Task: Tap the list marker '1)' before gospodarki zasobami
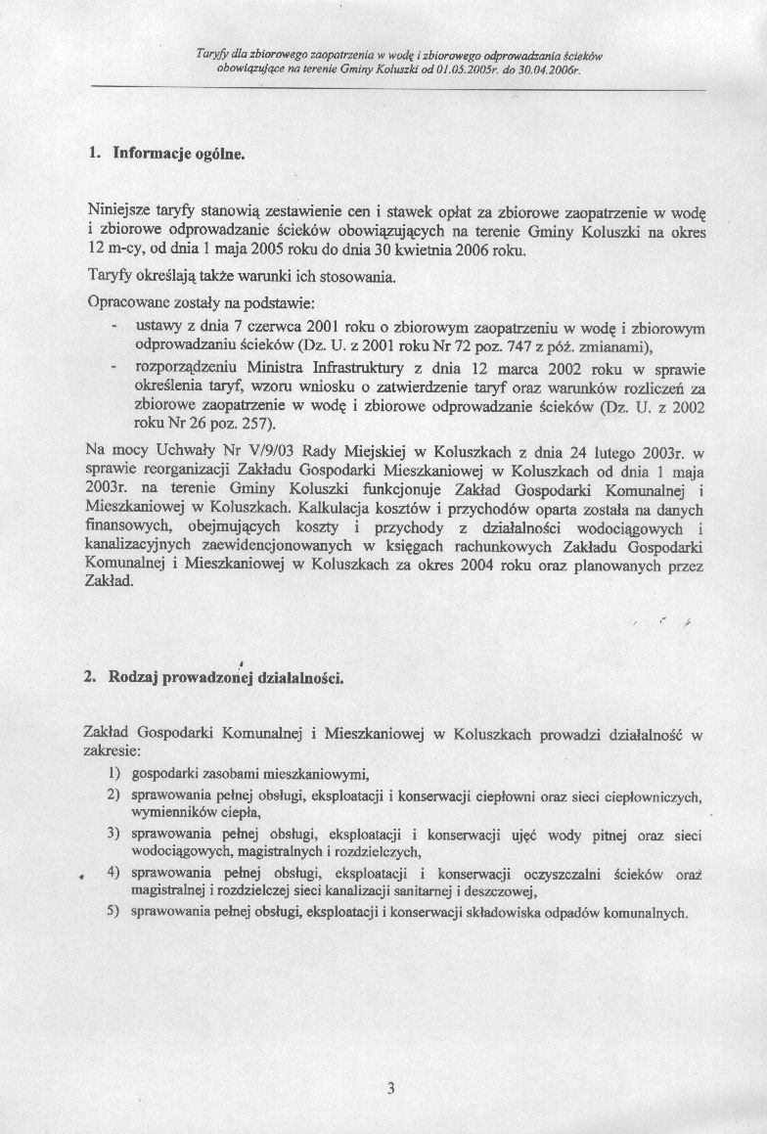tap(113, 775)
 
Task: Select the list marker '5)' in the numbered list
tap(113, 912)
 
